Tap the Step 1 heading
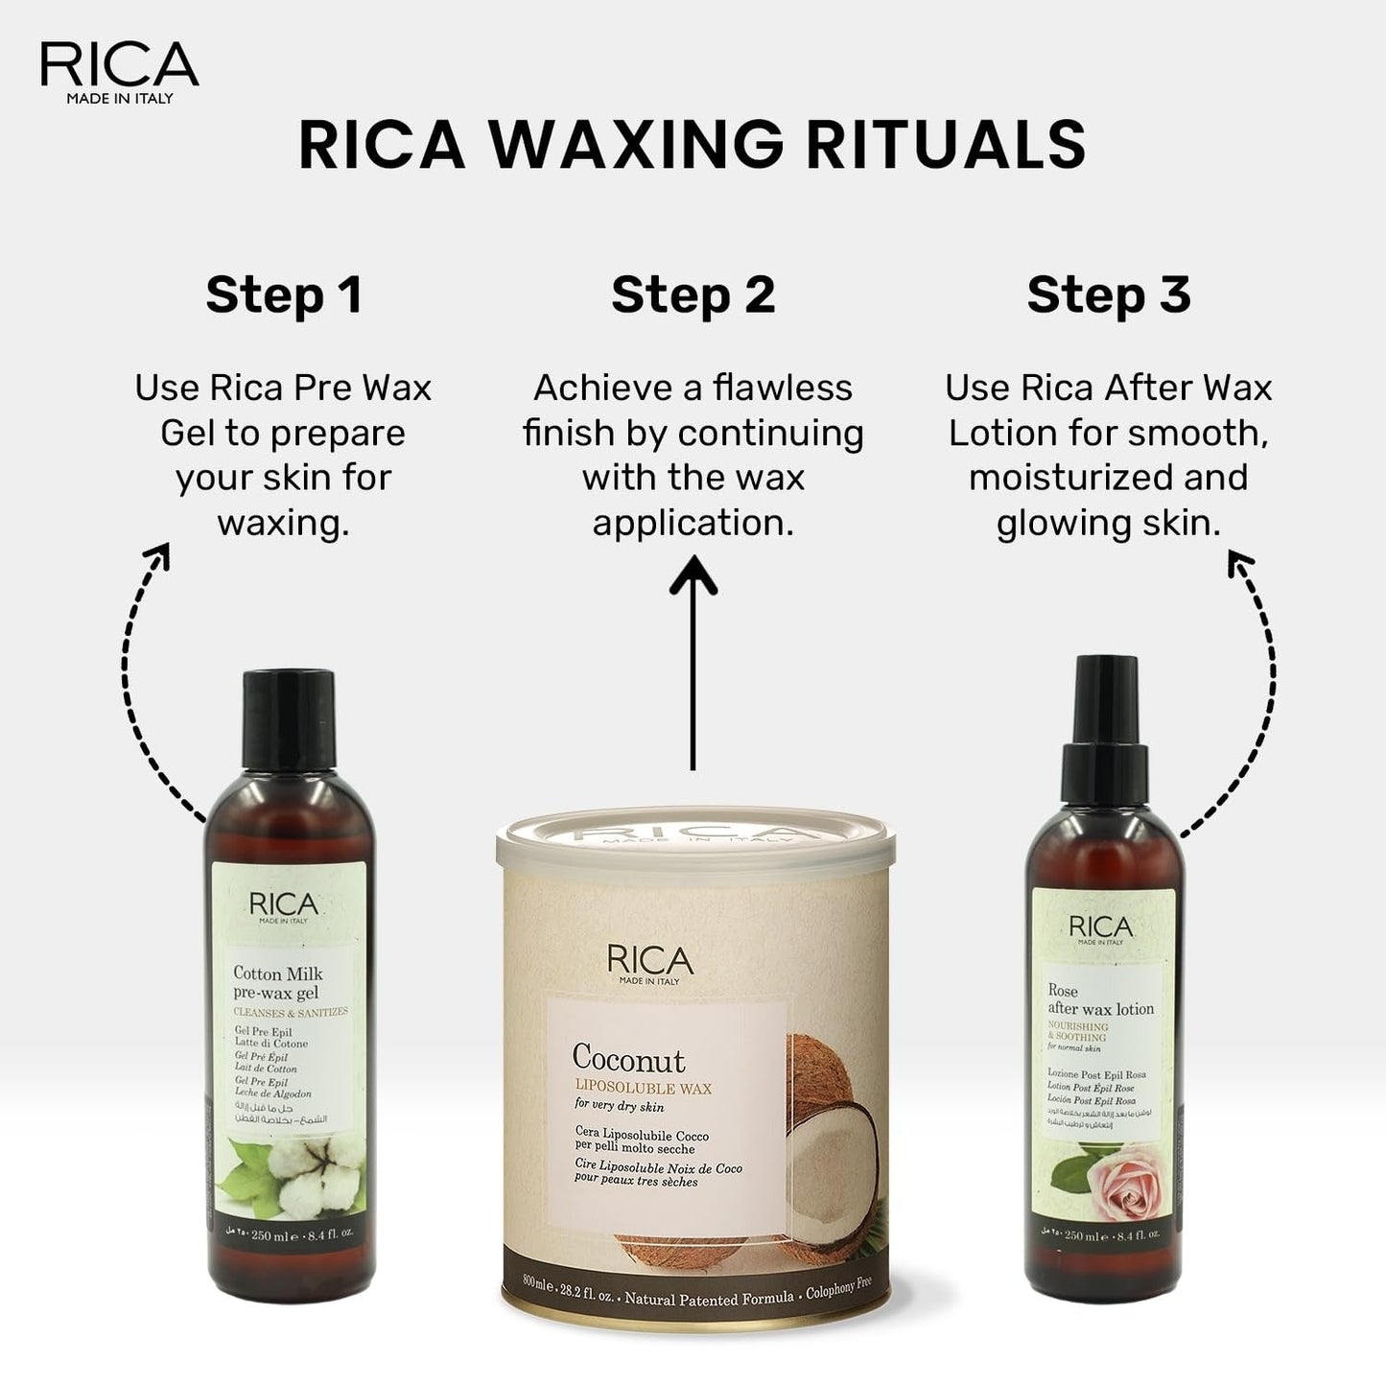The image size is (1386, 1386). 284,294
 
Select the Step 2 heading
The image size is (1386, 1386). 693,294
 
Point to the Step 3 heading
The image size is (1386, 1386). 1108,294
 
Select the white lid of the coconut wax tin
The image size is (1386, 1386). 695,839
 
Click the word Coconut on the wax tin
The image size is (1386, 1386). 628,1059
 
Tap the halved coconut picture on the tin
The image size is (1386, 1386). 830,1151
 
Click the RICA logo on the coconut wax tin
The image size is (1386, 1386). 649,962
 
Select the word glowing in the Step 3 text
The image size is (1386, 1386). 1055,524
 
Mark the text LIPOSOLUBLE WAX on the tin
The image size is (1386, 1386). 643,1089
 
